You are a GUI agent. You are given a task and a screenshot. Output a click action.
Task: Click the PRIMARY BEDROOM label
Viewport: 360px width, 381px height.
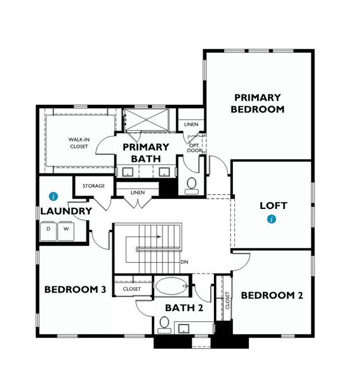[257, 103]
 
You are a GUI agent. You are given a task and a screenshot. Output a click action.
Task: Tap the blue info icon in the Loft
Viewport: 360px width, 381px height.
[272, 220]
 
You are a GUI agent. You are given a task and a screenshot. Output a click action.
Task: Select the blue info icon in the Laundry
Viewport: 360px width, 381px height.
[53, 196]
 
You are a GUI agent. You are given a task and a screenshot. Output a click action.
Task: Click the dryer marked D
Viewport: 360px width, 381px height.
[48, 229]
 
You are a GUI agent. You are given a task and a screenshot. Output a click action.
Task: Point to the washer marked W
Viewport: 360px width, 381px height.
[65, 229]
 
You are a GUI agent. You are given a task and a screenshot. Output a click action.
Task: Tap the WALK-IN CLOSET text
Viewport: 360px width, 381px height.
[78, 143]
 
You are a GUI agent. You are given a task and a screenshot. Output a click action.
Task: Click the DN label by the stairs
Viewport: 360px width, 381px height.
[184, 262]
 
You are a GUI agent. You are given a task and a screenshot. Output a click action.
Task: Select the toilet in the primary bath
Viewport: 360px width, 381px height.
[192, 184]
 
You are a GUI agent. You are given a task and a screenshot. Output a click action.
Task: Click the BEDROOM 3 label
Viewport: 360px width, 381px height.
[75, 290]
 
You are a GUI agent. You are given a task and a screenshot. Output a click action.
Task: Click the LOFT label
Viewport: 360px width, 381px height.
[274, 206]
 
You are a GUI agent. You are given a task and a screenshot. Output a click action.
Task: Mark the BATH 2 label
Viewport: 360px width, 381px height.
[183, 308]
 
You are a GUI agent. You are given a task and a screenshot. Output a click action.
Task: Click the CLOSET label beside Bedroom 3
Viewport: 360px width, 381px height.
[132, 289]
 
